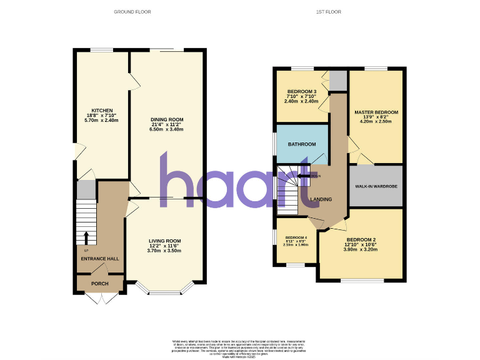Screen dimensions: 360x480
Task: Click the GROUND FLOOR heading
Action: pos(132,12)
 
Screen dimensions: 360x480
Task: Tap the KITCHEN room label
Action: pos(102,111)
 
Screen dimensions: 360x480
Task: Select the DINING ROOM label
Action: pos(166,119)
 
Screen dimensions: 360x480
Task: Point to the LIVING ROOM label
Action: pos(164,241)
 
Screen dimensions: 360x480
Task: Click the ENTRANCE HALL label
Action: pos(99,258)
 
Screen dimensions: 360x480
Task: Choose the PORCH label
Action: pos(99,284)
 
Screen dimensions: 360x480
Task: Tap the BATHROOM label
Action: pos(302,144)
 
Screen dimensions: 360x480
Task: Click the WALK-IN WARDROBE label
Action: pos(376,186)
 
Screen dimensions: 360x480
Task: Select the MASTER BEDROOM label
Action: pos(376,112)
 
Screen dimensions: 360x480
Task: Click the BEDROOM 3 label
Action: pos(302,92)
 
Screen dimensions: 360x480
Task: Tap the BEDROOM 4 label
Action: pos(296,238)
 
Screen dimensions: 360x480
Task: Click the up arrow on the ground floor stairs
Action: pos(86,237)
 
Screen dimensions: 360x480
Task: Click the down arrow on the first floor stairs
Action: pos(304,176)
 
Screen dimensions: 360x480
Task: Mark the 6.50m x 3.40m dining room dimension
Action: pos(166,129)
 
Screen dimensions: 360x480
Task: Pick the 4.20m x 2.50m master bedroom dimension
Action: pos(376,122)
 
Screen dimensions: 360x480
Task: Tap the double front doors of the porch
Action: pos(99,299)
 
